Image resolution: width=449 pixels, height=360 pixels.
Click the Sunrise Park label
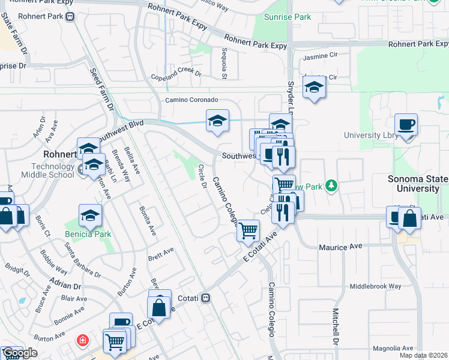pyautogui.click(x=291, y=17)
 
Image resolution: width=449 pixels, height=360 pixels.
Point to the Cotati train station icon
pyautogui.click(x=205, y=298)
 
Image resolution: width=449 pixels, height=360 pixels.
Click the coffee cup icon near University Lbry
pyautogui.click(x=406, y=125)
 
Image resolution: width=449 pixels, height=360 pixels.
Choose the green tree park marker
pyautogui.click(x=330, y=185)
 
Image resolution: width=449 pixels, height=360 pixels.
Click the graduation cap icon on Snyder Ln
pyautogui.click(x=313, y=88)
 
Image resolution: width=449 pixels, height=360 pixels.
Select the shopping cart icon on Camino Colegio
pyautogui.click(x=248, y=230)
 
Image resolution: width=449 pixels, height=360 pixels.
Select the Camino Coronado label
pyautogui.click(x=191, y=100)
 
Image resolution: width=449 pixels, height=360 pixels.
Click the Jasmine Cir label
pyautogui.click(x=321, y=58)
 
